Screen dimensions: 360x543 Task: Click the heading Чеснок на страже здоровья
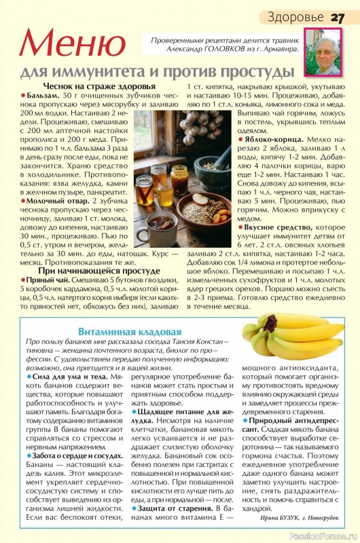coord(99,86)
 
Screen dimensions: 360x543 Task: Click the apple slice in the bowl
coord(201,199)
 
